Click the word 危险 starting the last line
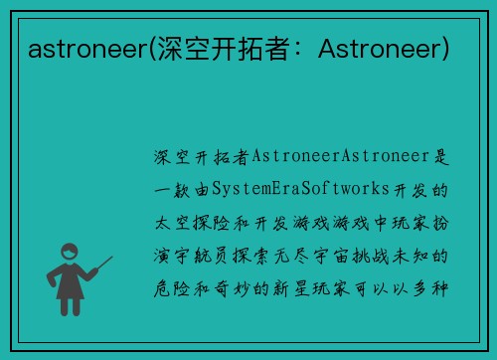coord(168,287)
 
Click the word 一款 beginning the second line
coord(168,188)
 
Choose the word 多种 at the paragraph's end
coord(430,287)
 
